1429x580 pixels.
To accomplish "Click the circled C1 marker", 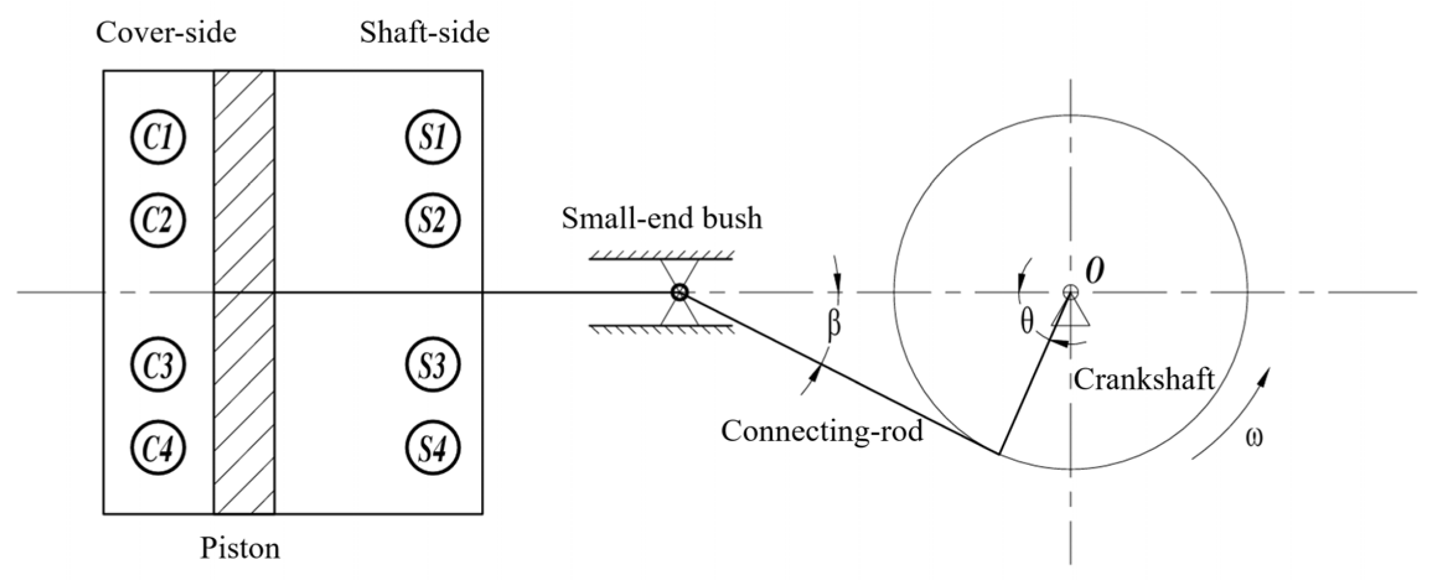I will click(159, 137).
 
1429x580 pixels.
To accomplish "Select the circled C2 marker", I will click(159, 220).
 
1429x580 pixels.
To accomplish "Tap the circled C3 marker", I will click(159, 365).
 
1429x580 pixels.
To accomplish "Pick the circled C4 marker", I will click(159, 448).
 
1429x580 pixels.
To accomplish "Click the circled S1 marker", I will click(433, 137).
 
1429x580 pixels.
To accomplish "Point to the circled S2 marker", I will click(433, 220).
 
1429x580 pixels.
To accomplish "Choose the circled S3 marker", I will click(433, 365).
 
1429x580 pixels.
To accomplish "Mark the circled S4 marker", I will click(433, 448).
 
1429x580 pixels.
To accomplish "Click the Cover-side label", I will click(166, 32).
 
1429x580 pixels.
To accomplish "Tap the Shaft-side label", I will click(425, 32).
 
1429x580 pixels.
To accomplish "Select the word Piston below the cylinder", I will click(240, 548).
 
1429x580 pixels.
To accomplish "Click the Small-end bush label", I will click(661, 218).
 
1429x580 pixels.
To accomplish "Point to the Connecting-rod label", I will click(822, 430).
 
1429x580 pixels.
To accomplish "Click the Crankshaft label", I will click(1144, 379).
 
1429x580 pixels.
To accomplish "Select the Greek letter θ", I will click(1027, 322).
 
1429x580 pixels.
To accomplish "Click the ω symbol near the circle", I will click(1254, 437).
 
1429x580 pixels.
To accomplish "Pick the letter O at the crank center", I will click(1095, 271).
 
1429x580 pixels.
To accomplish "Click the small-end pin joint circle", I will click(680, 292).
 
